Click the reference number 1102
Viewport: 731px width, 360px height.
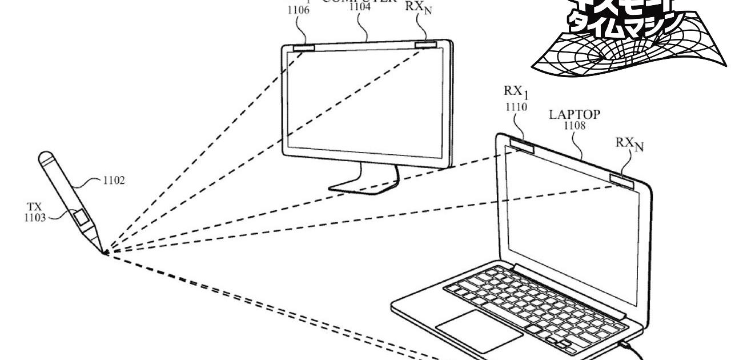[113, 181]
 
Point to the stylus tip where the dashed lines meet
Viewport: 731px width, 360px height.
[105, 253]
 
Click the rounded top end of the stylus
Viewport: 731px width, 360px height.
[45, 156]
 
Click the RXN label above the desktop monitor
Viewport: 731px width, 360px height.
[418, 7]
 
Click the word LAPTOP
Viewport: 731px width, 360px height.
[575, 114]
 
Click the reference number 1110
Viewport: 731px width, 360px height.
[516, 106]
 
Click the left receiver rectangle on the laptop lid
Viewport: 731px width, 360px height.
[523, 146]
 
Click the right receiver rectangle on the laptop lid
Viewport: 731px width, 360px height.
[622, 181]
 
